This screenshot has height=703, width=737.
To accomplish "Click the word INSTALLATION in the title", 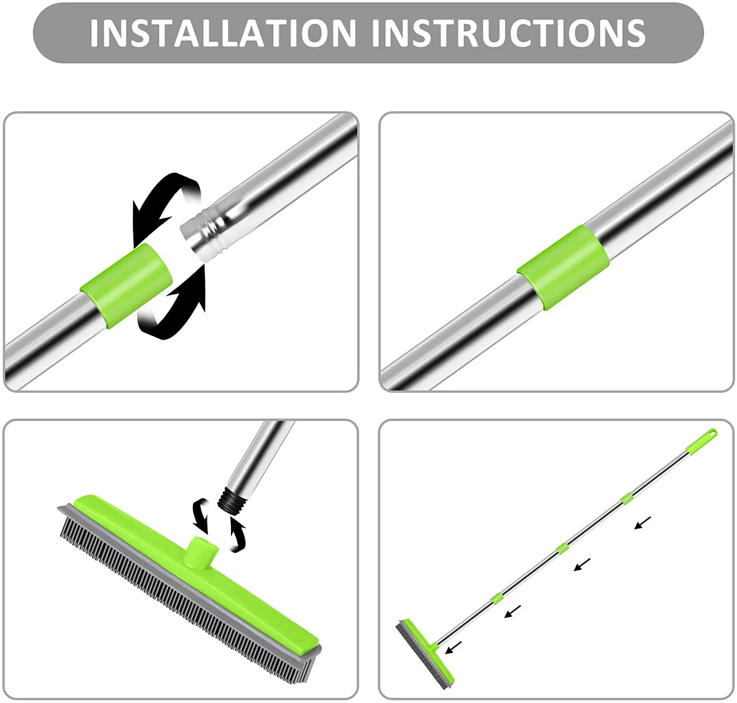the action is click(223, 33).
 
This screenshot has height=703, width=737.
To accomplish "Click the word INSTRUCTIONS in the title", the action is click(509, 33).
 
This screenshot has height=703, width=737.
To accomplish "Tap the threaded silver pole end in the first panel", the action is click(206, 235).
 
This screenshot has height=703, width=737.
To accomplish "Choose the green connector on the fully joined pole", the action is click(563, 268).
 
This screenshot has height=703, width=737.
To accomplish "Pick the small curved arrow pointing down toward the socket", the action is click(201, 516).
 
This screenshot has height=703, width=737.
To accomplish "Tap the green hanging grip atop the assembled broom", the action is click(702, 441).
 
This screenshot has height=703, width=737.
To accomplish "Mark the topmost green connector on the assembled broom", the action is click(627, 499).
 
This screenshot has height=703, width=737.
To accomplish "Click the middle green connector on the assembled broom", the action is click(562, 549).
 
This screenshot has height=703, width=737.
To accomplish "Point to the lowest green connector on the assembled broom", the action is click(497, 598).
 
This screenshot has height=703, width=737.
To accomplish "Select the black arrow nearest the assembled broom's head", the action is click(453, 647).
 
